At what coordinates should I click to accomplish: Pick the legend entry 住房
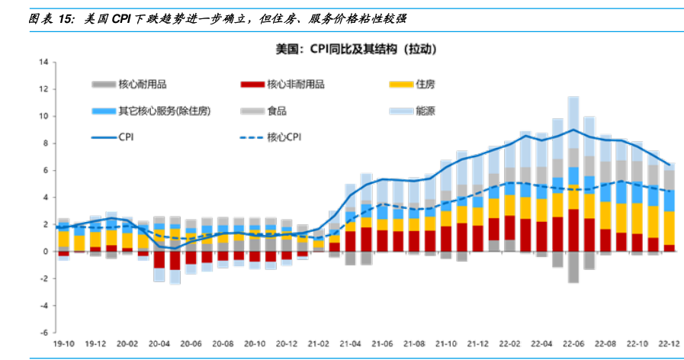[426, 84]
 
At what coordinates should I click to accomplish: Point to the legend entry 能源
[426, 111]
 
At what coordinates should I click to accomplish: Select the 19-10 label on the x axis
[63, 344]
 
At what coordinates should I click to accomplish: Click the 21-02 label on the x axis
[318, 344]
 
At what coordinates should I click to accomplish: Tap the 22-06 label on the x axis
[573, 344]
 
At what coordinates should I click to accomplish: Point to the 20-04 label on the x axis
[159, 344]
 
